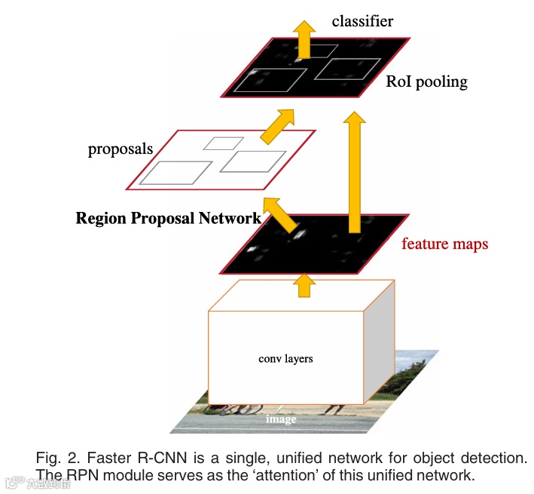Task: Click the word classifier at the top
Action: tap(362, 21)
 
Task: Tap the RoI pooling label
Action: tap(426, 81)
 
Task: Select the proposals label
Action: tap(121, 149)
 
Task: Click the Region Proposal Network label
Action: tap(168, 219)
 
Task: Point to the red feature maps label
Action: tap(444, 244)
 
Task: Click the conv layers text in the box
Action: tap(285, 358)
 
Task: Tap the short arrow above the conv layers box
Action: tap(304, 284)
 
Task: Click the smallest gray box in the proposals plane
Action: tap(224, 143)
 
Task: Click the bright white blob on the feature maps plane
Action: tap(297, 233)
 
